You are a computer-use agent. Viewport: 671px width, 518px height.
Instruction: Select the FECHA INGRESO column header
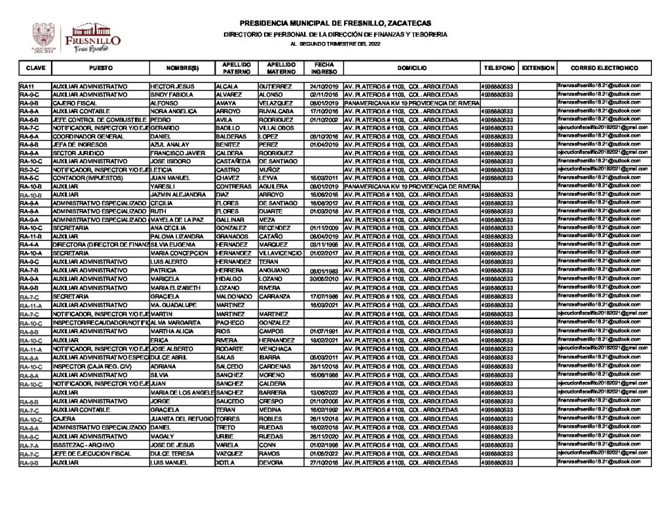[x=322, y=68]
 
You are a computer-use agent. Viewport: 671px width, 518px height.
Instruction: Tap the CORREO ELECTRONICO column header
[x=604, y=68]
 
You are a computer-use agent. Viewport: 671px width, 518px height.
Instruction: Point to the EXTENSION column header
[x=539, y=68]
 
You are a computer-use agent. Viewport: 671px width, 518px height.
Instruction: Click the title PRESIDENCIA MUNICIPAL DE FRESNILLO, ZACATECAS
[x=335, y=22]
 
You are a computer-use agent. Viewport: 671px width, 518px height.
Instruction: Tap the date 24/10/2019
[x=322, y=86]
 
